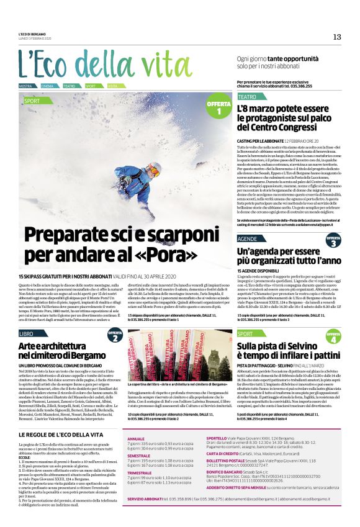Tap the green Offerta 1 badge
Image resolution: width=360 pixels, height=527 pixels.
coord(218,107)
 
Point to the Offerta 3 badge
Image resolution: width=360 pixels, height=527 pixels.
coord(333,241)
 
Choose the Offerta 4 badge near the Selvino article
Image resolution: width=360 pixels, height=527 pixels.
coord(333,338)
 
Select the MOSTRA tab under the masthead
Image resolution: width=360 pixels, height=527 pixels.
coord(25,86)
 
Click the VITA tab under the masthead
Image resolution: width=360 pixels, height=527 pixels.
coord(112,86)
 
